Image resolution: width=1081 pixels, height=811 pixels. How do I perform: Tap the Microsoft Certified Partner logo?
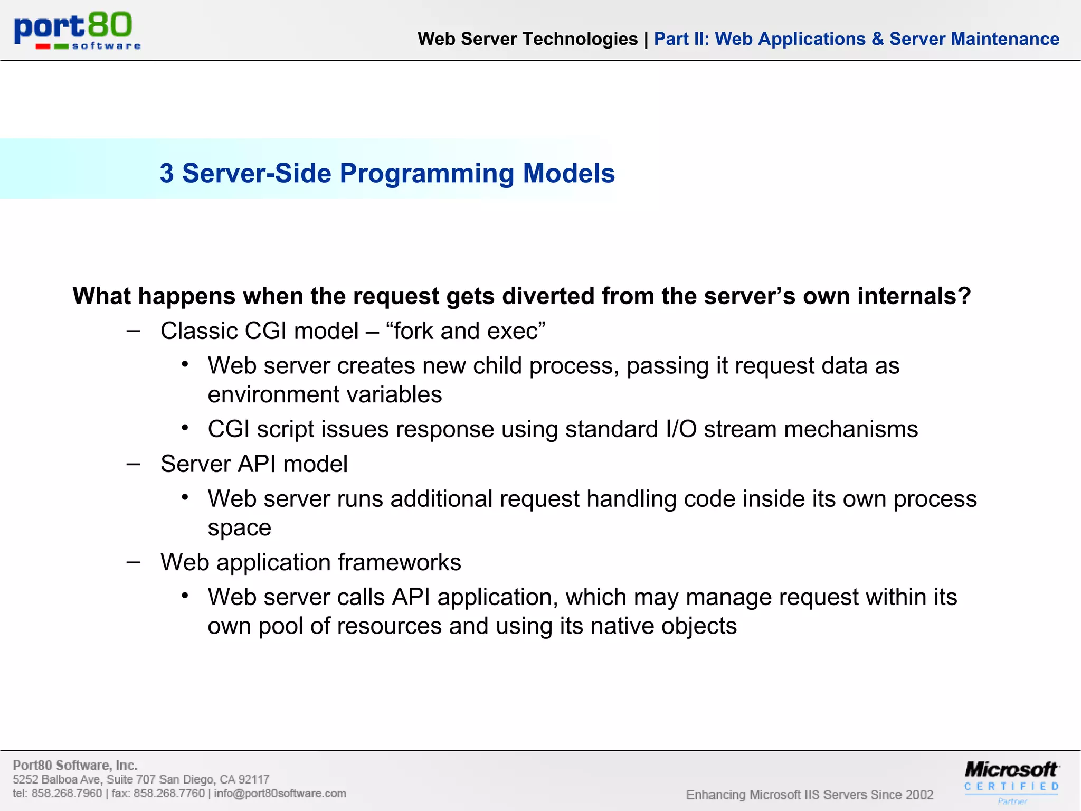(1011, 780)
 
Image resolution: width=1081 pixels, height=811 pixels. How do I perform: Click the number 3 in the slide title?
(167, 173)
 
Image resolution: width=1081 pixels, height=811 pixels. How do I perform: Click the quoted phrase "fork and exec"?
(465, 331)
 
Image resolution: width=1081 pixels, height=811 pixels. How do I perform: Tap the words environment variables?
(325, 394)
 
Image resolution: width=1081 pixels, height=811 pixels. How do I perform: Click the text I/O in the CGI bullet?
(681, 429)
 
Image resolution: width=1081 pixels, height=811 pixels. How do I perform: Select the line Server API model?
(254, 464)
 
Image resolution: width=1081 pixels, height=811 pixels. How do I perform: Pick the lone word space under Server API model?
(239, 528)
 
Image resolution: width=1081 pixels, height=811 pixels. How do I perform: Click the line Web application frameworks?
(310, 562)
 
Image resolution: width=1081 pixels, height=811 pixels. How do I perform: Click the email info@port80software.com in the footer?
(280, 794)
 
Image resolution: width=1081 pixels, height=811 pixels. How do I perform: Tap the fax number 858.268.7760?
(169, 794)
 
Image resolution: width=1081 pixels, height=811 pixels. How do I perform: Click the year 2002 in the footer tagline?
(919, 795)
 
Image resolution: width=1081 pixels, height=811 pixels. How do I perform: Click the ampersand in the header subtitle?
(877, 39)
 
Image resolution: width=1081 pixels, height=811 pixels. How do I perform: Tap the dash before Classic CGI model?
(134, 331)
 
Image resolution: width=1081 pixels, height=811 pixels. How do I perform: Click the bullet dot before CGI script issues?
(185, 428)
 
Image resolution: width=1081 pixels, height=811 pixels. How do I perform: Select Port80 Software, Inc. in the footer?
(75, 765)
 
